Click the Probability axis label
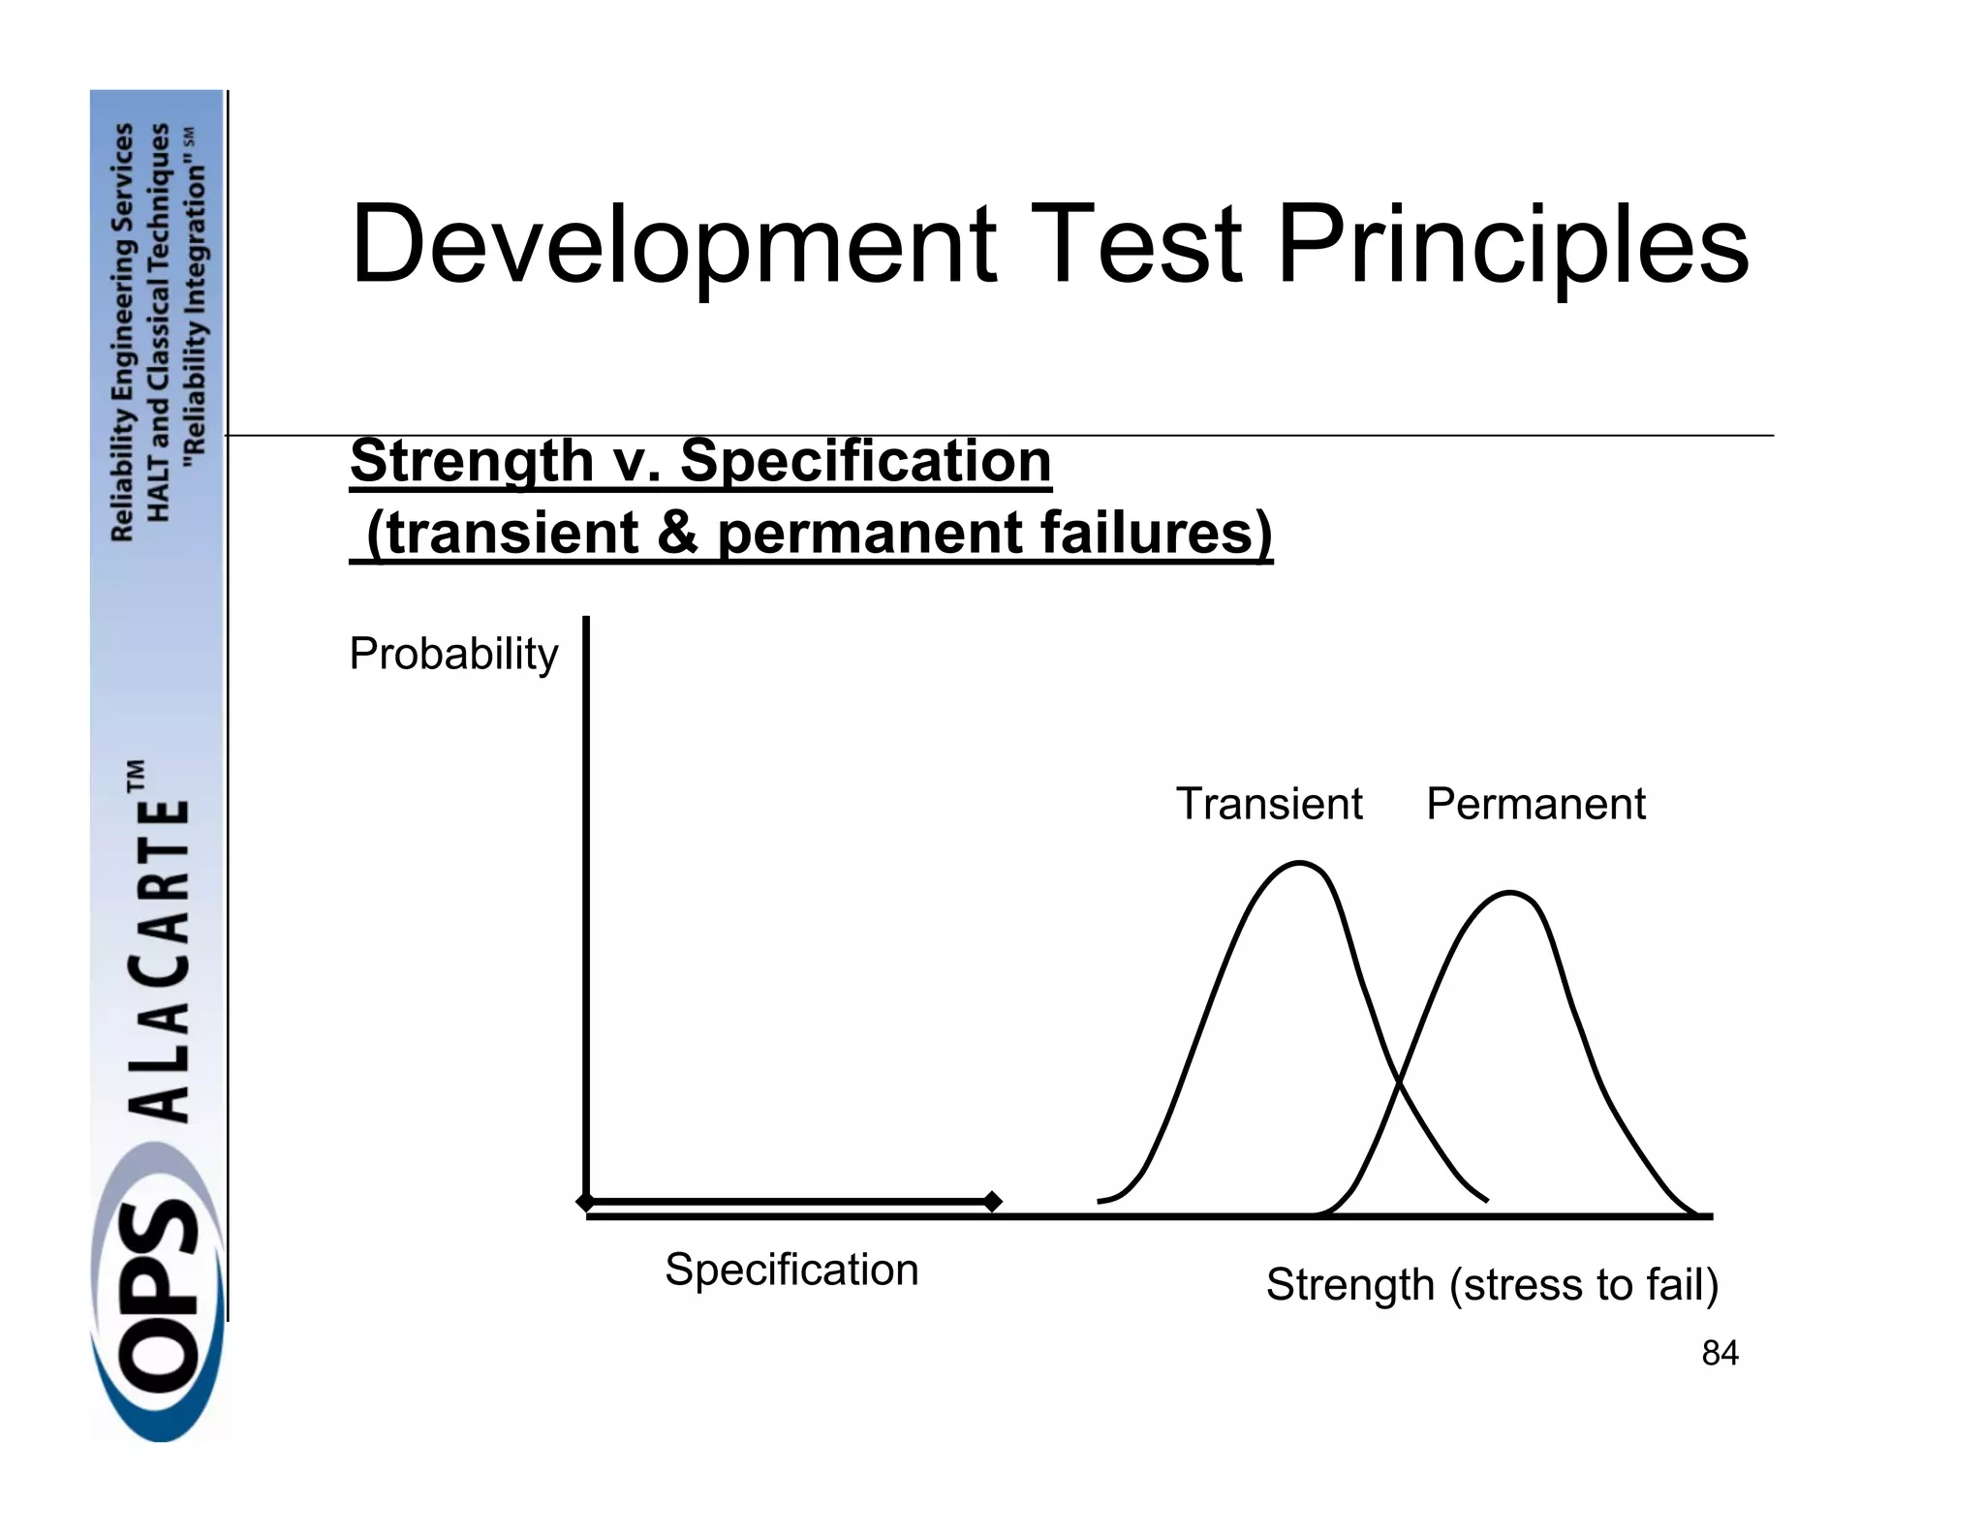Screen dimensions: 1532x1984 click(453, 654)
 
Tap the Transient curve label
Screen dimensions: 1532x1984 click(1269, 804)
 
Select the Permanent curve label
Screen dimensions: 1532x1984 click(1535, 804)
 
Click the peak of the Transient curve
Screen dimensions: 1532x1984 click(1299, 863)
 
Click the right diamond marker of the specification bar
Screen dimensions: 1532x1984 click(992, 1202)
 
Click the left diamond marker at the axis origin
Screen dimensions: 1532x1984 click(585, 1202)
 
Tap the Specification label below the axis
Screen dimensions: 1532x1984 click(791, 1270)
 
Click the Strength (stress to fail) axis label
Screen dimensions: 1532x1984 click(1492, 1285)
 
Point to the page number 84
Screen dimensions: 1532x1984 click(1720, 1354)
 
